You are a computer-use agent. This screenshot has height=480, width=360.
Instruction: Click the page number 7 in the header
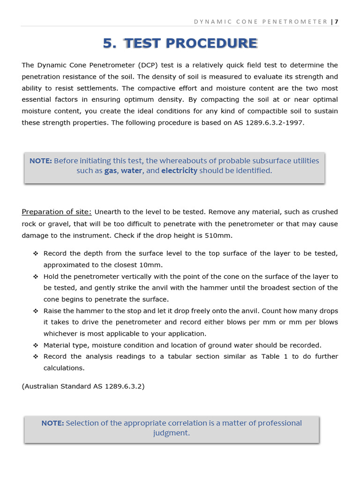337,22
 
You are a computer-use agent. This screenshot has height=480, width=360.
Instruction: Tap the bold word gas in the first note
110,171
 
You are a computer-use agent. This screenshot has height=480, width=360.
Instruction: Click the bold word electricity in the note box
179,171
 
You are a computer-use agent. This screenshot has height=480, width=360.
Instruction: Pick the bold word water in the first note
131,171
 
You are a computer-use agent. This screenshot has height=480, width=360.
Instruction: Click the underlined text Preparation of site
56,212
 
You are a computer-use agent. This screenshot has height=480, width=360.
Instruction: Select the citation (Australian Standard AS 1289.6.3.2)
83,386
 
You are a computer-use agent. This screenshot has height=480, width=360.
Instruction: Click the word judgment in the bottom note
172,433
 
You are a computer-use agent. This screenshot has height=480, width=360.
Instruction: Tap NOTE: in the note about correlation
52,423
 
